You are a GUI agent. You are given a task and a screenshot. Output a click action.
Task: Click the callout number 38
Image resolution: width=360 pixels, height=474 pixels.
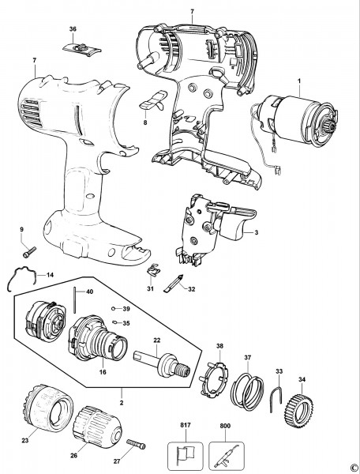point(219,346)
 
